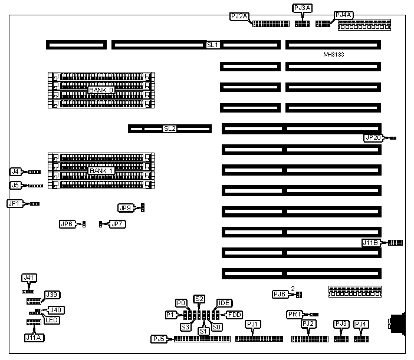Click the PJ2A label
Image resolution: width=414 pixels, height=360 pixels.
point(239,16)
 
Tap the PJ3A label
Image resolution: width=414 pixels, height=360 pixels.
point(303,8)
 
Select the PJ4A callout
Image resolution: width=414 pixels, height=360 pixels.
point(343,15)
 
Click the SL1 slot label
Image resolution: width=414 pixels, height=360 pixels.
point(212,44)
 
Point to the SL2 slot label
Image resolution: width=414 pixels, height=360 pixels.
point(170,128)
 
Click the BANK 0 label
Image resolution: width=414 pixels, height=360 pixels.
point(101,90)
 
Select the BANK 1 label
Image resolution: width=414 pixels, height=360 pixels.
point(101,171)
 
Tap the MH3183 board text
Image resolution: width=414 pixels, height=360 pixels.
point(334,54)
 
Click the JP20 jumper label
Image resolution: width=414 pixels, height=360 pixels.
point(374,138)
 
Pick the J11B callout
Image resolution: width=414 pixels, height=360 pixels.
point(371,242)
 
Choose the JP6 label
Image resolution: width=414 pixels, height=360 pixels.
point(67,224)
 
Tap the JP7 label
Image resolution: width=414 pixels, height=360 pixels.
point(117,224)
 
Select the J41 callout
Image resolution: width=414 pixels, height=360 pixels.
point(29,277)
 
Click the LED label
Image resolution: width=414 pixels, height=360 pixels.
point(52,320)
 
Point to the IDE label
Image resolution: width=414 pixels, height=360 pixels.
point(224,303)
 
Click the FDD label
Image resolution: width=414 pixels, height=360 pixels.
point(235,315)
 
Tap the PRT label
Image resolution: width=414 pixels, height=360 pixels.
point(294,315)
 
